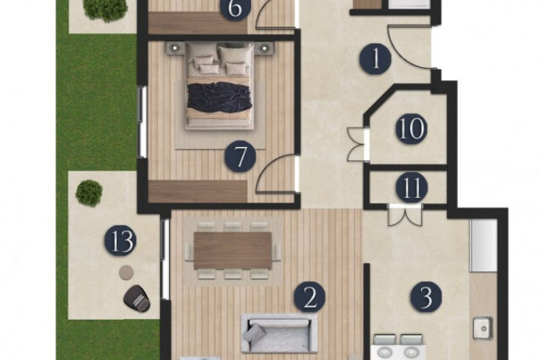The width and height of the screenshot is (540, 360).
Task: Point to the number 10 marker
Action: [411, 130]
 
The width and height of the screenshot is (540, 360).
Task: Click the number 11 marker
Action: [412, 189]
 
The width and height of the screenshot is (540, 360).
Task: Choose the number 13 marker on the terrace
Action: [120, 240]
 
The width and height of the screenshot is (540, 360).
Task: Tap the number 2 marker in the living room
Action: [310, 297]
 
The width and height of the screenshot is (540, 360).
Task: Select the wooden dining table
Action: [233, 250]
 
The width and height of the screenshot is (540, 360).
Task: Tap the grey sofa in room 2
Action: [279, 332]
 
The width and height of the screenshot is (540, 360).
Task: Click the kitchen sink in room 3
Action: [482, 328]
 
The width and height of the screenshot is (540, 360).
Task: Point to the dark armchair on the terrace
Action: [137, 298]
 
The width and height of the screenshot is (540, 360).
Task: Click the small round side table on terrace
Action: [126, 272]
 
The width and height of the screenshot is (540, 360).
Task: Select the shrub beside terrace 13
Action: [89, 192]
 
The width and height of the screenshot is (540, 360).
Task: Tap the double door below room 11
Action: [404, 214]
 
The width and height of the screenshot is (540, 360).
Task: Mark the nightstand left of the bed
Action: [174, 48]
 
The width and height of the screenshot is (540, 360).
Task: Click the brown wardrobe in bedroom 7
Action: [198, 191]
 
